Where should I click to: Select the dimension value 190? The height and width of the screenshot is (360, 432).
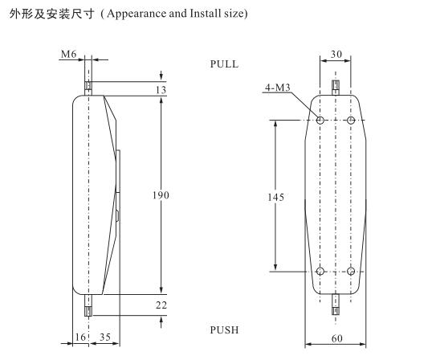pyautogui.click(x=161, y=194)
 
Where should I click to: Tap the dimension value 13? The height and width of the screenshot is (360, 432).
pyautogui.click(x=161, y=90)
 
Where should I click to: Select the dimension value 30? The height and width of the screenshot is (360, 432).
pyautogui.click(x=336, y=55)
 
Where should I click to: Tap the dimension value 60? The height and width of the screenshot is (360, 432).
pyautogui.click(x=336, y=338)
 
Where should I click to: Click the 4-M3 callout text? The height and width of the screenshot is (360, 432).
pyautogui.click(x=277, y=87)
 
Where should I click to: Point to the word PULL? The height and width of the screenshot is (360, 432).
pyautogui.click(x=224, y=63)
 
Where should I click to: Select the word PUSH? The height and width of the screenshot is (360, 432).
pyautogui.click(x=224, y=330)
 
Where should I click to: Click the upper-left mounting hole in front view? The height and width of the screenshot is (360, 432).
pyautogui.click(x=320, y=120)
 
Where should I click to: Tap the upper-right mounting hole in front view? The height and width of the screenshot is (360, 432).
pyautogui.click(x=352, y=120)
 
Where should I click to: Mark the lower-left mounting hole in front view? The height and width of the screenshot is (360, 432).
pyautogui.click(x=320, y=271)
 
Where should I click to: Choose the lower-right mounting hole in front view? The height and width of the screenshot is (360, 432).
pyautogui.click(x=352, y=271)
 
